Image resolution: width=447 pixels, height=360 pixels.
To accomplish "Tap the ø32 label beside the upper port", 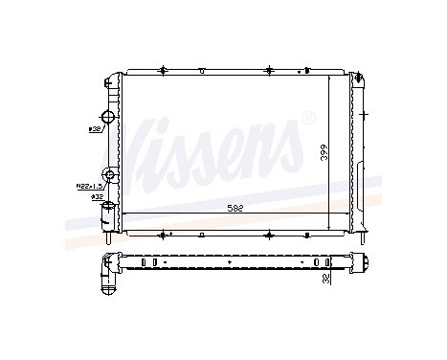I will [96, 127].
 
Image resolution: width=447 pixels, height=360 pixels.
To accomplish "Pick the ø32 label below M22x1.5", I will [97, 197].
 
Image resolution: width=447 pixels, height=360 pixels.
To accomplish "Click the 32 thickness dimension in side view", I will [324, 281].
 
